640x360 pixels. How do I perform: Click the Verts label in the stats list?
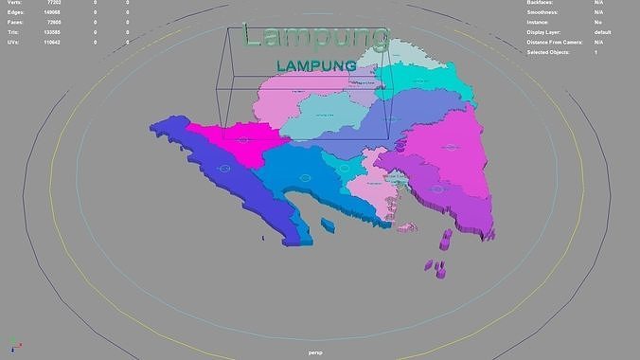14,4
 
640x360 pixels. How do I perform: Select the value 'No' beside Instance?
597,23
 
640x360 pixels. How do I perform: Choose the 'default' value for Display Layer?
602,32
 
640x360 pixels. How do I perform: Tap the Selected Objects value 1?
596,52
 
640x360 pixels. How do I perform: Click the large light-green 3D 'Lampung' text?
314,37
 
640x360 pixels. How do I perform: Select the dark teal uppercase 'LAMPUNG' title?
316,65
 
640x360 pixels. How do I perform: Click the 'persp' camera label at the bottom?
316,352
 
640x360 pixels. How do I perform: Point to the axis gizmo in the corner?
12,345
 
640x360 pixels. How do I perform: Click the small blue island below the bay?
328,225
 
